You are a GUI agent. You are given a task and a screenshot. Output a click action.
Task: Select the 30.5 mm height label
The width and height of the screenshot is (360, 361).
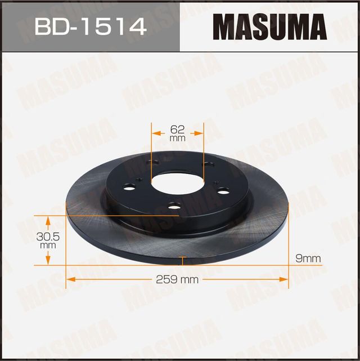[48, 240]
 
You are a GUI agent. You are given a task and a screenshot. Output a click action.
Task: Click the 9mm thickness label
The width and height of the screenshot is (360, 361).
[308, 258]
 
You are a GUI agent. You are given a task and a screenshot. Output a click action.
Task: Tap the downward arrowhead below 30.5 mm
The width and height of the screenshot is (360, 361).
[48, 260]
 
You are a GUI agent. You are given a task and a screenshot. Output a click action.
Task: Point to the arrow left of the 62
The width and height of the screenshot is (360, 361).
[156, 133]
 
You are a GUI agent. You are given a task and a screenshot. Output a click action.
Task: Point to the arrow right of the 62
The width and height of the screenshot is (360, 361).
[198, 133]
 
